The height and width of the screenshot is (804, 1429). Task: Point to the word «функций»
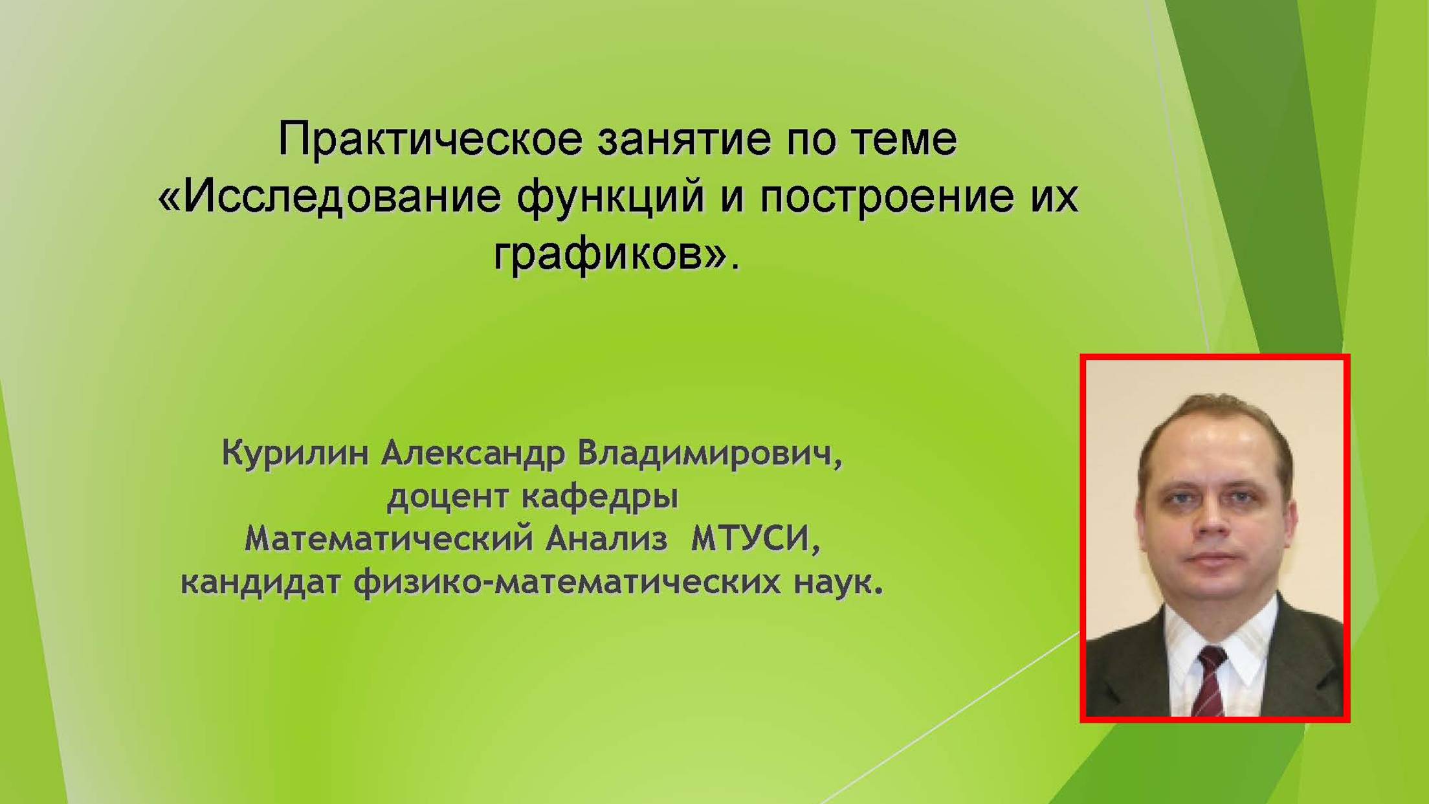click(x=610, y=198)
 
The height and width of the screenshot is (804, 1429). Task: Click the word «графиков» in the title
click(x=599, y=255)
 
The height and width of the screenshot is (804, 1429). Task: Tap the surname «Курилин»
click(x=294, y=453)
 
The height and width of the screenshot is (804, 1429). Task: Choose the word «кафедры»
click(x=600, y=497)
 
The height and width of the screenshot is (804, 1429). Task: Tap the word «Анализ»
click(x=606, y=539)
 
